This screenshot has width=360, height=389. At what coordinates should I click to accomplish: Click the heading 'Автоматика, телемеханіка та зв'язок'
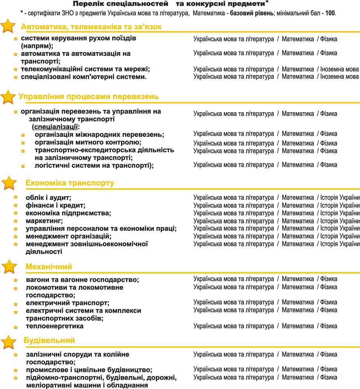pos(91,27)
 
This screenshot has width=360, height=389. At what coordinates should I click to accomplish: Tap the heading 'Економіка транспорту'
pos(70,183)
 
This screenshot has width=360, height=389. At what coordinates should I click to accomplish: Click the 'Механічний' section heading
pos(49,267)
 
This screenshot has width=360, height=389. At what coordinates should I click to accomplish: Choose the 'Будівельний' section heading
pos(49,340)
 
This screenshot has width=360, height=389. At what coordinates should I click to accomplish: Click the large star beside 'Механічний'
pos(9,267)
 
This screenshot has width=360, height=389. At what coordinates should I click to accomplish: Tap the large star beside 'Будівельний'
pos(9,342)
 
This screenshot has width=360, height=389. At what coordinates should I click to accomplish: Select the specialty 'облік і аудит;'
pos(49,198)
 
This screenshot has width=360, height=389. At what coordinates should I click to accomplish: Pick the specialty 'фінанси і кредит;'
pos(56,205)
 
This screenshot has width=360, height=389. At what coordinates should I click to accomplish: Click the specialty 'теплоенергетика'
pos(54,326)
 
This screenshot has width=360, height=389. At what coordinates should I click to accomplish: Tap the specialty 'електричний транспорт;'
pos(68,303)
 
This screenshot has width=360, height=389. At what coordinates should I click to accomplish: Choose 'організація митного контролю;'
pos(88,142)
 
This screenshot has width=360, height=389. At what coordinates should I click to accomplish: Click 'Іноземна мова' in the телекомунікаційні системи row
pos(339,69)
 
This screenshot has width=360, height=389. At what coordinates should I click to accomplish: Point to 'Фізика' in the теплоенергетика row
pos(328,326)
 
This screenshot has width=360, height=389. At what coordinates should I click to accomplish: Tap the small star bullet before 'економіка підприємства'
pos(16,213)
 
